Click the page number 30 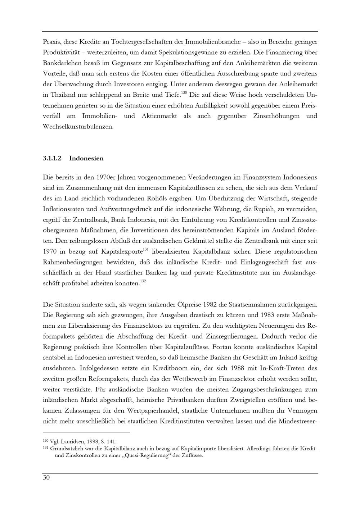[46, 478]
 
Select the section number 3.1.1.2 [52, 158]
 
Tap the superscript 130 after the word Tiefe [184, 93]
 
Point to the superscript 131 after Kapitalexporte [146, 249]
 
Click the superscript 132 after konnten [143, 281]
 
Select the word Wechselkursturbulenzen [78, 127]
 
